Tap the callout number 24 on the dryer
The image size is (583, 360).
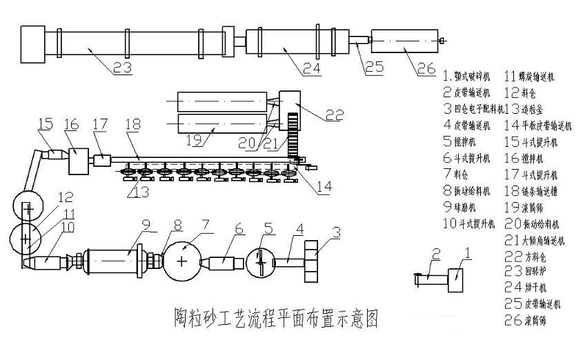[x=311, y=68]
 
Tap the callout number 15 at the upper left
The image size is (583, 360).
[x=46, y=124]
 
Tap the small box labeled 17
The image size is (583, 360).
[x=101, y=160]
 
